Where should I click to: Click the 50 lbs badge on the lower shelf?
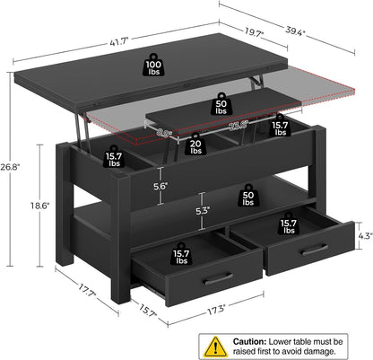(248, 196)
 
